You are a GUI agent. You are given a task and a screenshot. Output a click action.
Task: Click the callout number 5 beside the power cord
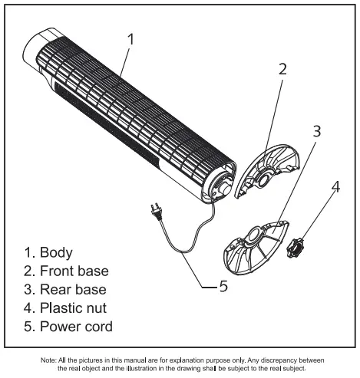click(223, 286)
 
